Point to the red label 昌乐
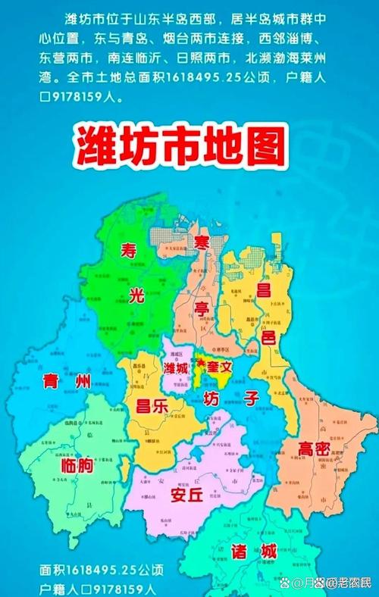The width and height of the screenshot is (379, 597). click(x=151, y=406)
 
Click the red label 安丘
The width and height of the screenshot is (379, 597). click(x=186, y=495)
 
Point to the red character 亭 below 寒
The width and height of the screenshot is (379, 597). click(x=200, y=309)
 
